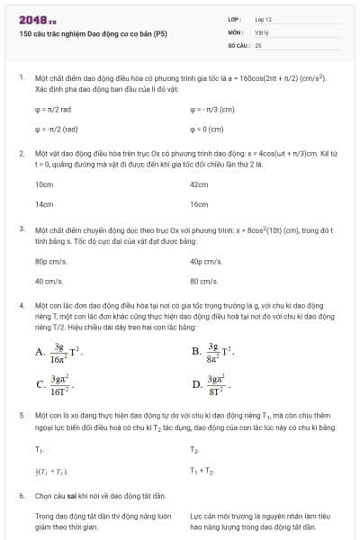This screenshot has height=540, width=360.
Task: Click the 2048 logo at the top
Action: pos(38,18)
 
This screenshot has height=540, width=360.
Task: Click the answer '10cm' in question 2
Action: pos(43,184)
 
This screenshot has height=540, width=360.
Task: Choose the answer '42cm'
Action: pos(199,184)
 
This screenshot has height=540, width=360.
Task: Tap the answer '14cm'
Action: pos(43,204)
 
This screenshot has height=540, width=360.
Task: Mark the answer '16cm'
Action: pos(199,204)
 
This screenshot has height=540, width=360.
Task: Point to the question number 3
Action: pos(21,229)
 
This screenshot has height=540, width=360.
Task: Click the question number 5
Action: pos(21,416)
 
